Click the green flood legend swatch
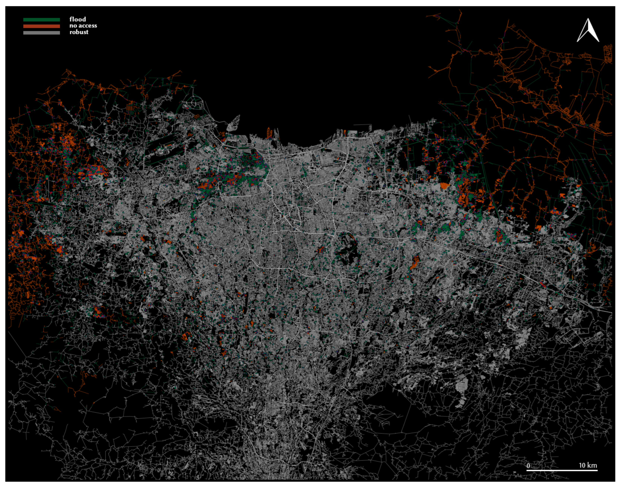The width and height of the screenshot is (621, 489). (42, 20)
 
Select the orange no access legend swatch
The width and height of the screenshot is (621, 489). (42, 26)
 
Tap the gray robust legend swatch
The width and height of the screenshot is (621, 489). (42, 33)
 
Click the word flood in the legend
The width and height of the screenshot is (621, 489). (77, 19)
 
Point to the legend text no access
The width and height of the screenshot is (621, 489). (83, 26)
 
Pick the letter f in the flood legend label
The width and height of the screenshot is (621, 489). (71, 19)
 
